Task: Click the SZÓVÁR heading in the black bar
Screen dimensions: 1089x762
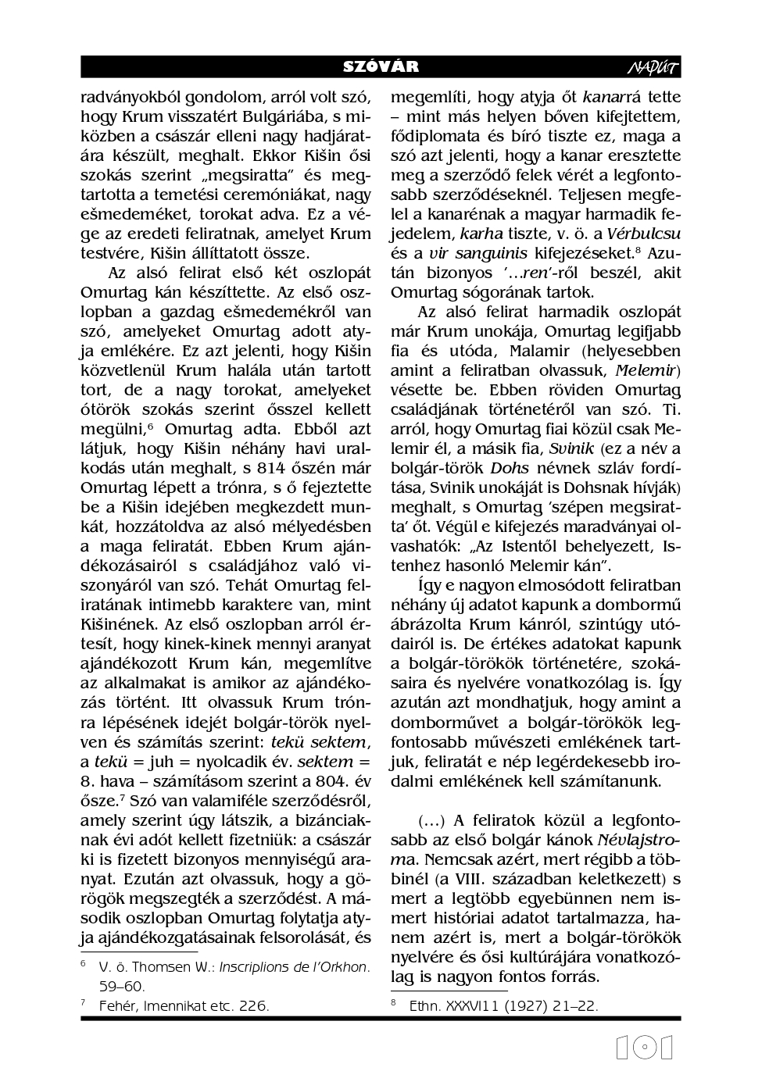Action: (x=381, y=67)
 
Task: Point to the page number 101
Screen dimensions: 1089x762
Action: (x=644, y=1048)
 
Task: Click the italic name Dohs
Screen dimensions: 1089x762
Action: (x=510, y=468)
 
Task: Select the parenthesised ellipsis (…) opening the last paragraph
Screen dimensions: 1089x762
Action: (x=431, y=820)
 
